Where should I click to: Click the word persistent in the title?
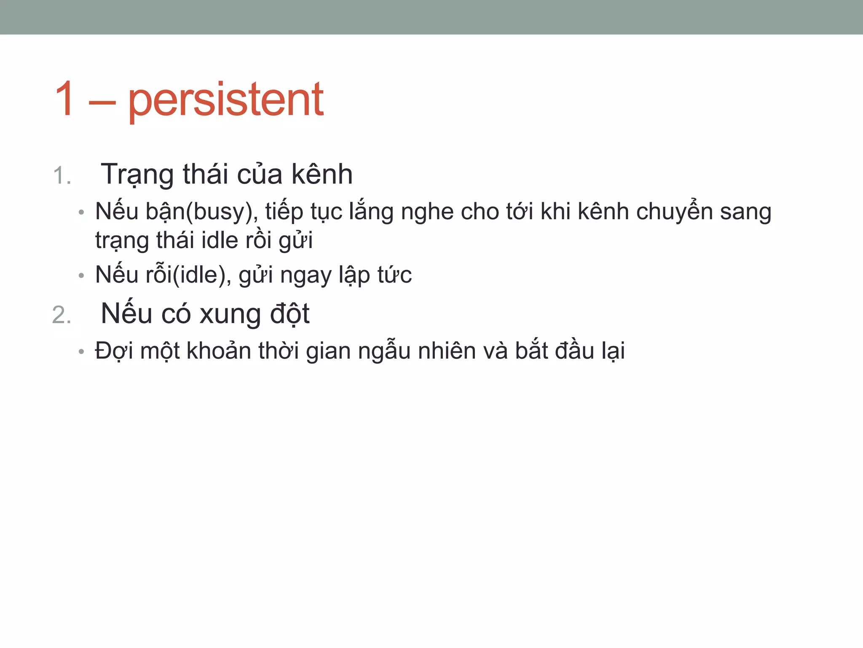point(226,100)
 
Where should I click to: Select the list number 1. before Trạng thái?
point(62,175)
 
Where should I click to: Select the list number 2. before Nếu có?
point(62,315)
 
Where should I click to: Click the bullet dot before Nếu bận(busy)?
point(81,212)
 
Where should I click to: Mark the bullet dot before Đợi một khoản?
point(81,351)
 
